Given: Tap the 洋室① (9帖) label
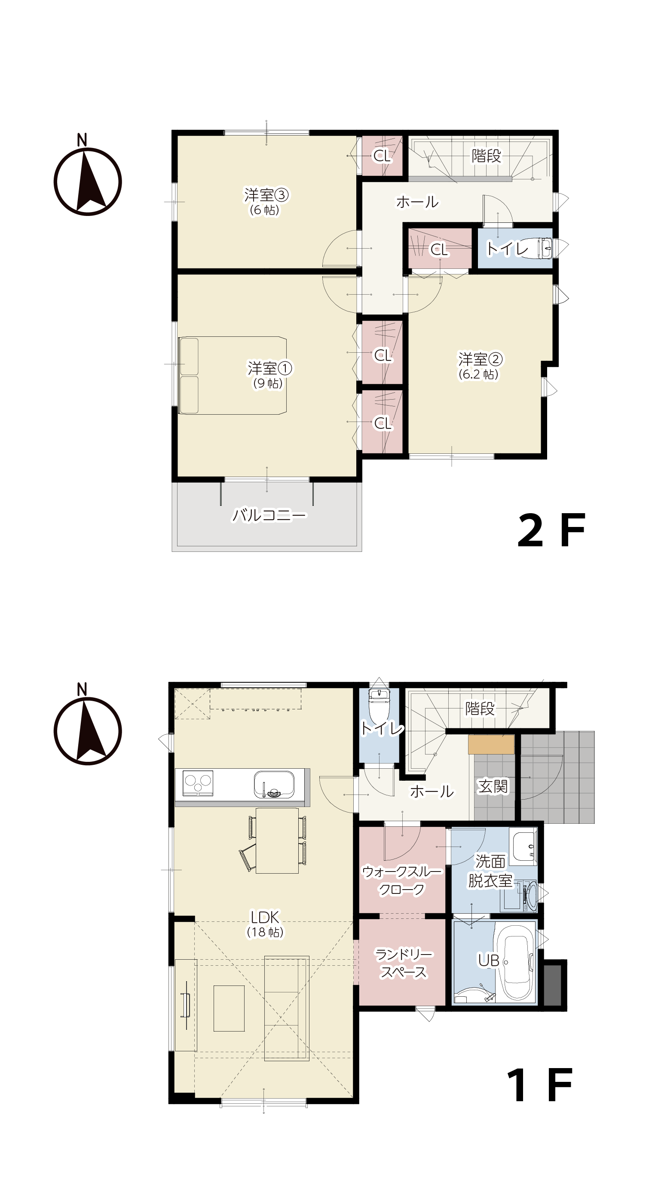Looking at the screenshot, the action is click(269, 375).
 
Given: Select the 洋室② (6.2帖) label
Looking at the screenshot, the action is click(480, 366).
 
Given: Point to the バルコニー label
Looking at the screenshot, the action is click(269, 515).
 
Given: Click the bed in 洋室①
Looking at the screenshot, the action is click(233, 375).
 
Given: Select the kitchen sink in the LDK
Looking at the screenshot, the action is click(274, 785).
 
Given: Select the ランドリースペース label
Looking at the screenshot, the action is click(404, 964).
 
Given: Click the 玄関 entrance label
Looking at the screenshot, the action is click(493, 786).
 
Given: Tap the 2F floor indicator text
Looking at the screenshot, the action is click(551, 530).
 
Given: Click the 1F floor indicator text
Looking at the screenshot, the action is click(539, 1085).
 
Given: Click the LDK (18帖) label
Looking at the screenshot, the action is click(265, 924).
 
